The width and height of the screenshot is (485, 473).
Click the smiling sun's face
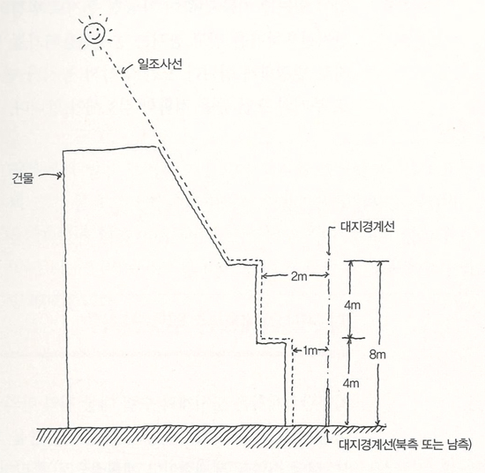(x=95, y=34)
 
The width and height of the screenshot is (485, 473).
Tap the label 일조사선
(x=160, y=64)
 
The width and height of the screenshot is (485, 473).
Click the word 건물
(x=23, y=178)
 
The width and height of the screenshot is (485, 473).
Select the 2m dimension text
(x=299, y=276)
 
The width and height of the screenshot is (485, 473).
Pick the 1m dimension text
(x=310, y=350)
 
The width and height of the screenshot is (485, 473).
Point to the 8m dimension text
(x=377, y=355)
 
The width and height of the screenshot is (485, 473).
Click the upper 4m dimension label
(x=353, y=305)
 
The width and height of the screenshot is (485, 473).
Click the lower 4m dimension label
(x=351, y=384)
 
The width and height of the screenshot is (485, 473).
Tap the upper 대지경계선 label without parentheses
(x=368, y=227)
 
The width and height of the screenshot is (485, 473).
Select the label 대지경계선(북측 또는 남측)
(x=406, y=445)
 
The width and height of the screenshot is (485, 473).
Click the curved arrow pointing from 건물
(x=49, y=176)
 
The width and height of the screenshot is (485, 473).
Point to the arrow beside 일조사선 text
(x=128, y=69)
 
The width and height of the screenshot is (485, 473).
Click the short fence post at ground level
(x=327, y=407)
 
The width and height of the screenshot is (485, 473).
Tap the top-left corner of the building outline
(x=63, y=152)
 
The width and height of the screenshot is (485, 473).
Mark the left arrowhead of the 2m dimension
(x=265, y=275)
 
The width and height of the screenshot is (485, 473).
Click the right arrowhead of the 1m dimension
(x=325, y=350)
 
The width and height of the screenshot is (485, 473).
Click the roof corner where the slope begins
(x=157, y=146)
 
